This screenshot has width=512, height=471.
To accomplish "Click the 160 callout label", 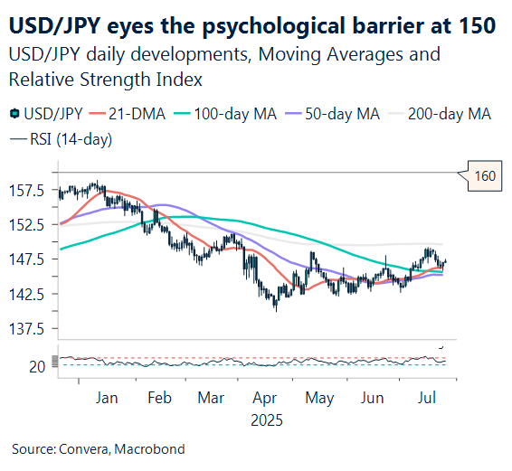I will (x=485, y=175).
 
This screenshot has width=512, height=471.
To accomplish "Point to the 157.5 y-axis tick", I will (x=28, y=191).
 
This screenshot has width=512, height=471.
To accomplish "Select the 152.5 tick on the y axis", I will (x=28, y=225).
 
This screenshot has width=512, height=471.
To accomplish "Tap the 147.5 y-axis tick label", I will (x=28, y=260).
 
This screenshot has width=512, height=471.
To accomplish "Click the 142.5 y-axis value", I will (x=28, y=295).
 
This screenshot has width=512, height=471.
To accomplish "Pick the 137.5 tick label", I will (x=28, y=330).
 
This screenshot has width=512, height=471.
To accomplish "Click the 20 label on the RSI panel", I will (x=37, y=366).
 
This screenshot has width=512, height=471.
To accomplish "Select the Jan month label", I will (x=107, y=398).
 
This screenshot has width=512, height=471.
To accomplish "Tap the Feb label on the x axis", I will (x=159, y=398).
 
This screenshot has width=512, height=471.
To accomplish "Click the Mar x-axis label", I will (x=211, y=398).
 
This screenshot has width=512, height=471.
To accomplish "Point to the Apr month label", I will (x=266, y=398).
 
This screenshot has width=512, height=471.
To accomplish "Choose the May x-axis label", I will (x=319, y=398).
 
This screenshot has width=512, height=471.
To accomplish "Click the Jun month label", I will (x=372, y=398).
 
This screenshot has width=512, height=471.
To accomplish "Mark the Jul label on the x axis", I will (x=425, y=398).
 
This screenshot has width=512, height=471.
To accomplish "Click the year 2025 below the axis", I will (x=266, y=420).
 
